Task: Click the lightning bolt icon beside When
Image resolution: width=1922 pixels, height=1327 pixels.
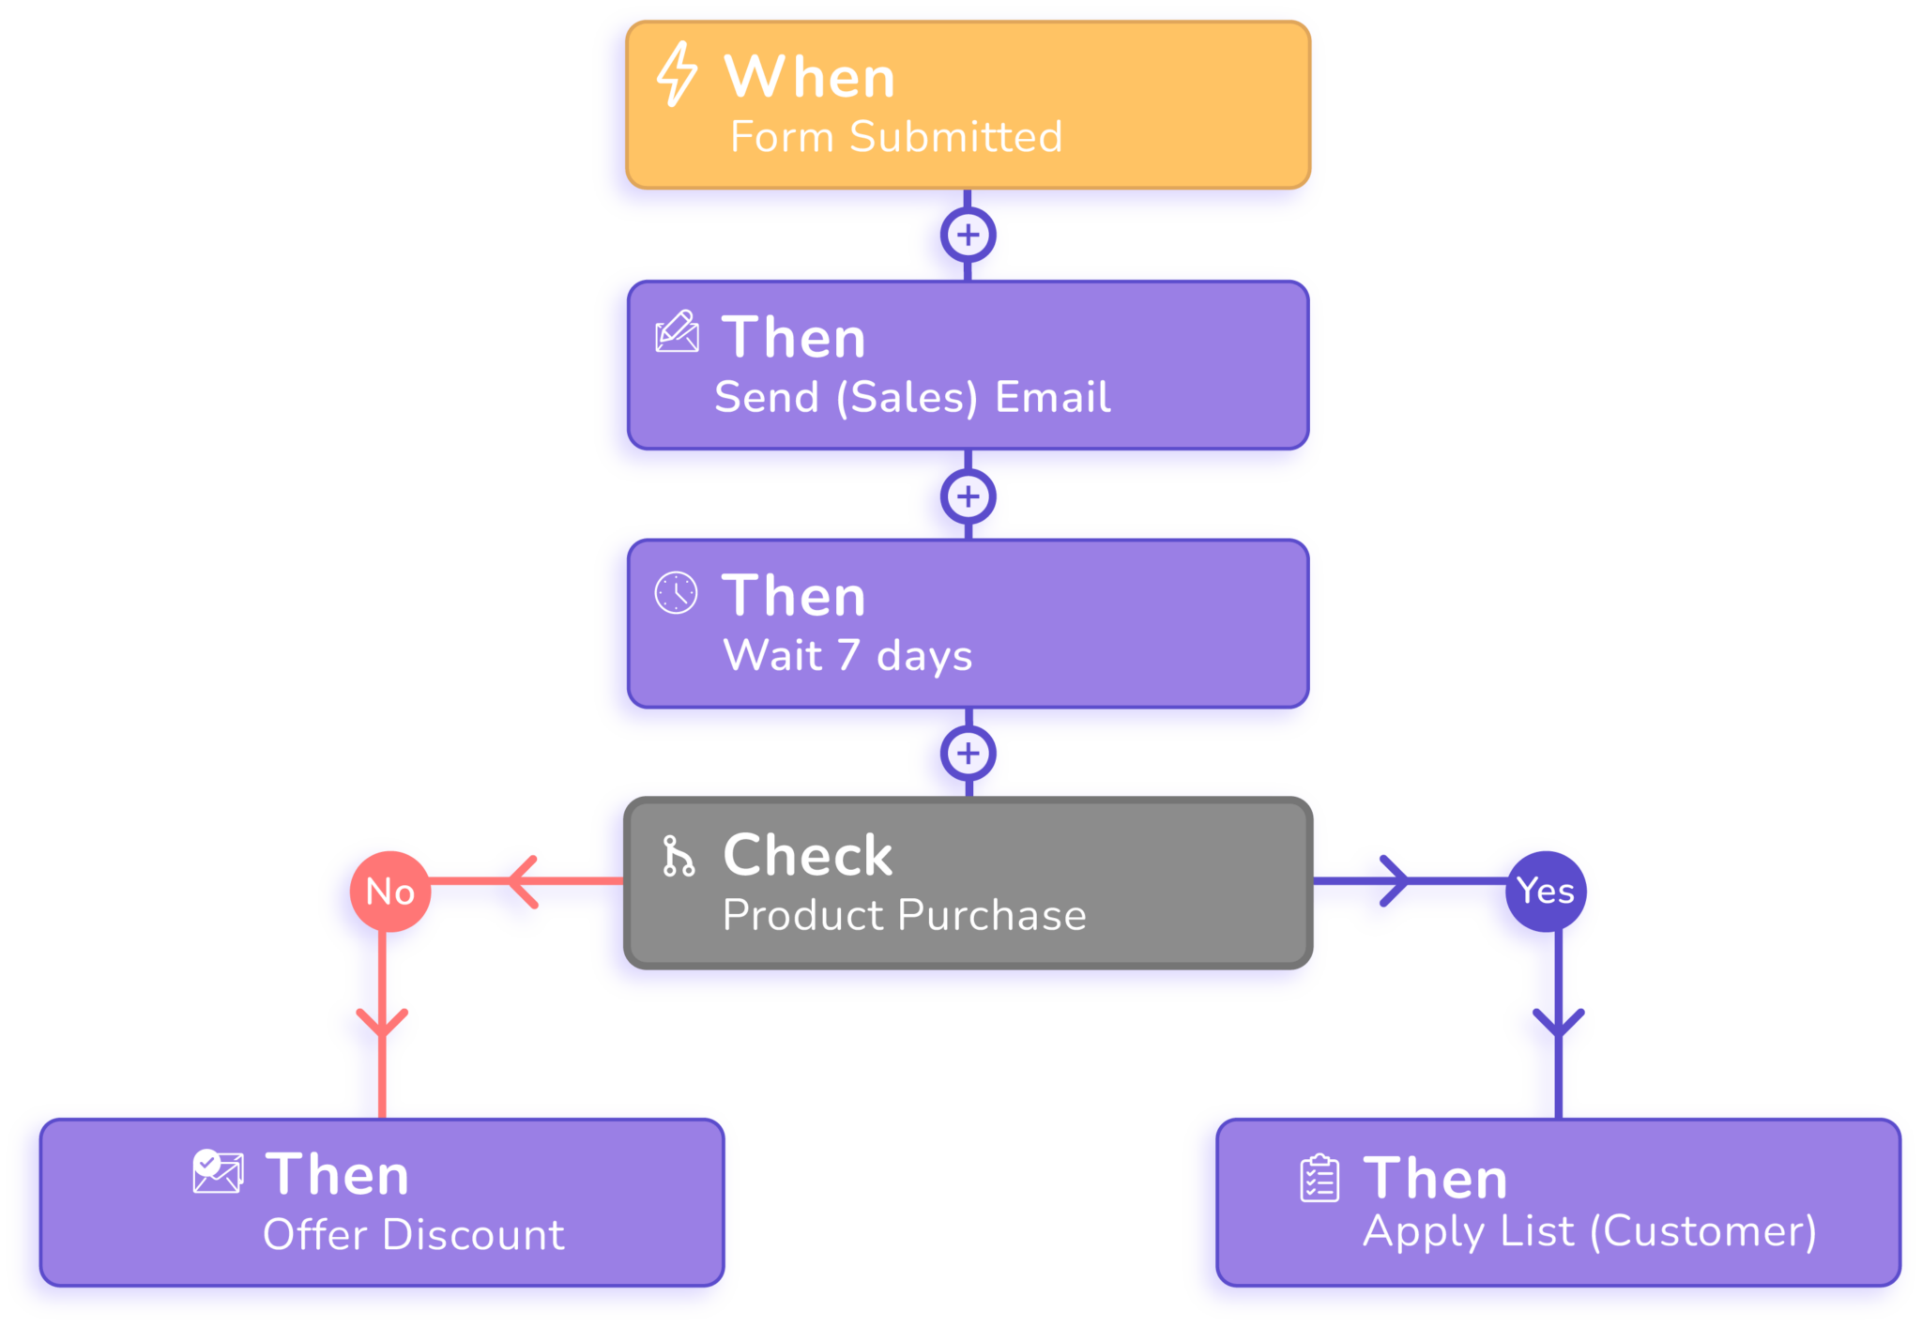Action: click(x=676, y=74)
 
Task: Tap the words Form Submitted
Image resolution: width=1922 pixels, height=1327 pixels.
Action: click(x=896, y=137)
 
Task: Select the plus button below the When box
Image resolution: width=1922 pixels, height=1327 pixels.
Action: click(x=969, y=235)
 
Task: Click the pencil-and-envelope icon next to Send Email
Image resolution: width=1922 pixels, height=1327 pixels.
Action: click(x=677, y=332)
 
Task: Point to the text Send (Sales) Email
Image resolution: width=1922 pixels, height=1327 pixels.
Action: click(x=912, y=397)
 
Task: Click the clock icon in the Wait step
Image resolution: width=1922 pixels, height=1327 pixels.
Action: click(x=676, y=593)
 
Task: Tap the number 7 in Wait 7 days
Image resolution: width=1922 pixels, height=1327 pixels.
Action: click(x=848, y=655)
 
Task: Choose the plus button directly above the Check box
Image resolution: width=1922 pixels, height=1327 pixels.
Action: click(x=969, y=754)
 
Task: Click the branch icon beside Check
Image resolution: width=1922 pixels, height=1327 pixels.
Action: click(x=678, y=856)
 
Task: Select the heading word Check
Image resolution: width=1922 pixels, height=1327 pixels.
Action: click(x=808, y=855)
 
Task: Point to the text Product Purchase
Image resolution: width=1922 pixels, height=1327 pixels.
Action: click(x=904, y=915)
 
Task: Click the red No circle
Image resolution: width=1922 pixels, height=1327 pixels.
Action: click(x=390, y=891)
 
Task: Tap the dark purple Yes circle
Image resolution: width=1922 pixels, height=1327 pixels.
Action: click(x=1546, y=891)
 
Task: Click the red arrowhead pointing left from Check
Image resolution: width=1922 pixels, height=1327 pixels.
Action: click(x=522, y=881)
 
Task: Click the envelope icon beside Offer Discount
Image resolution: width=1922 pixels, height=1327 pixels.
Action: click(x=218, y=1172)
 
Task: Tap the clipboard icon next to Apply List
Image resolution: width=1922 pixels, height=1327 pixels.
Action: click(x=1319, y=1179)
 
